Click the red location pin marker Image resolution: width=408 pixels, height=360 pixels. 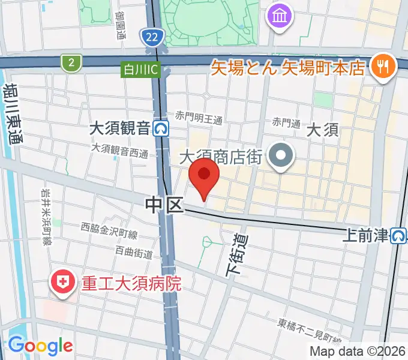204,175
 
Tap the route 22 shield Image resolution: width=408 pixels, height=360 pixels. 152,38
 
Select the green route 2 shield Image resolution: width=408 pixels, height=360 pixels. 71,62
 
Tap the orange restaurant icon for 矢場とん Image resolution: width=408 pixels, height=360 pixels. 382,65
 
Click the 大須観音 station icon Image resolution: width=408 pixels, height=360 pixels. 161,128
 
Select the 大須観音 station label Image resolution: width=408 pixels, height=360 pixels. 119,128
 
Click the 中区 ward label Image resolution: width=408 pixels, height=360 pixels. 163,206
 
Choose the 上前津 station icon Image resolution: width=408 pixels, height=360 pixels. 398,236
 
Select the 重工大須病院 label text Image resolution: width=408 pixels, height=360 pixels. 131,283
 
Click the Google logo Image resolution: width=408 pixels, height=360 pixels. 40,345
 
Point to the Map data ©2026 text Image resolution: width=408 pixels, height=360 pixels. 358,351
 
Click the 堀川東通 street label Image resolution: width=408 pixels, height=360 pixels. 13,114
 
